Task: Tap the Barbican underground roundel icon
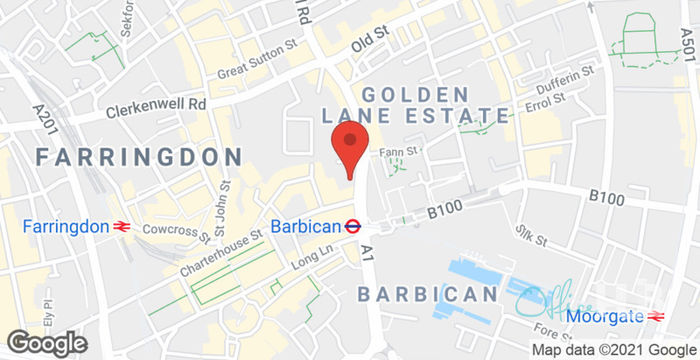[352, 226]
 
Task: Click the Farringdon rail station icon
[123, 227]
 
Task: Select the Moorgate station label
[603, 316]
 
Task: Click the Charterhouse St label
[221, 254]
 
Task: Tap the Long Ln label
[311, 256]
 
